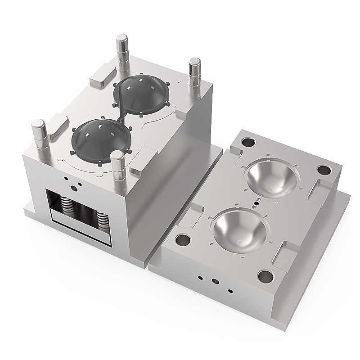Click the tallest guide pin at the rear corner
pos(122,49)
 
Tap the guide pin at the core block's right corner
pos(194,72)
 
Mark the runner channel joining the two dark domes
pos(121,116)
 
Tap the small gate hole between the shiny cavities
pos(256,203)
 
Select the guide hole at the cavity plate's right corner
pos(324,171)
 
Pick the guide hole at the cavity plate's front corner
pos(265,275)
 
